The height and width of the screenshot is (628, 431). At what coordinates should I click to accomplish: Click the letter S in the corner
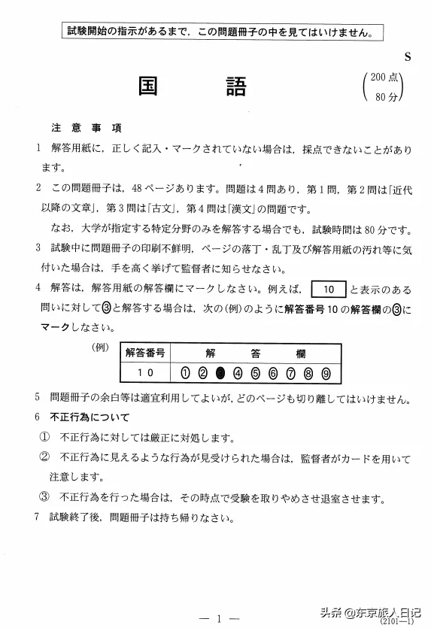pyautogui.click(x=407, y=57)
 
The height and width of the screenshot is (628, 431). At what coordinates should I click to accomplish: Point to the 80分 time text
pyautogui.click(x=386, y=96)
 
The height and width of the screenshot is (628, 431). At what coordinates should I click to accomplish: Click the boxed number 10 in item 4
pyautogui.click(x=327, y=290)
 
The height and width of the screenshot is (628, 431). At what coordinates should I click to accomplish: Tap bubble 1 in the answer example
pyautogui.click(x=185, y=372)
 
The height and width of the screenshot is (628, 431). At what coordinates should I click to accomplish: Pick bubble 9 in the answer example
pyautogui.click(x=325, y=372)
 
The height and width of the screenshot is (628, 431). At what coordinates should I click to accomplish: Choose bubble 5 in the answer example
pyautogui.click(x=255, y=372)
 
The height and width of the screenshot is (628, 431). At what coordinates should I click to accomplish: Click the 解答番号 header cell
pyautogui.click(x=145, y=352)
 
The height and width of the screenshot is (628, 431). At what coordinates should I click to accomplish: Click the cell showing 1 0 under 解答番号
pyautogui.click(x=145, y=372)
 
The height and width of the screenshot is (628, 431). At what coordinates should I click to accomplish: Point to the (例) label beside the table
pyautogui.click(x=100, y=348)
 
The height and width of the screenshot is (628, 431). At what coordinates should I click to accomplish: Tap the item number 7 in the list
pyautogui.click(x=37, y=517)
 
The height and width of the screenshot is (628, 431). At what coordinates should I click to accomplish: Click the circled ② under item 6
pyautogui.click(x=44, y=457)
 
